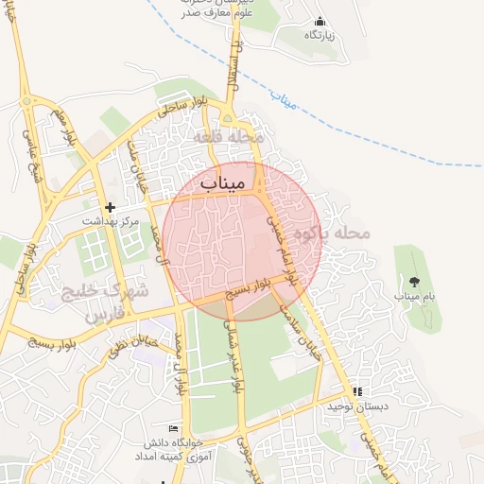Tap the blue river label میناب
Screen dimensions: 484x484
(285, 97)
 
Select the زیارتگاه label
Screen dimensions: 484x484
(320, 35)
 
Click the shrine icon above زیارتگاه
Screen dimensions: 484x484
(320, 21)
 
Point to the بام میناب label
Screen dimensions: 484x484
(413, 297)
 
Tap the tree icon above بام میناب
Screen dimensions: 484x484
(414, 281)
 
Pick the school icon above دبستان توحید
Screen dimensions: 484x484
(356, 391)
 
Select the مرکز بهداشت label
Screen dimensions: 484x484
(110, 221)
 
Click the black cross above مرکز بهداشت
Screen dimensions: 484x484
(111, 207)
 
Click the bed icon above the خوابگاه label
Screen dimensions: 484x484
(171, 429)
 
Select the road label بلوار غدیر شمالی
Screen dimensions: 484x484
(231, 354)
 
